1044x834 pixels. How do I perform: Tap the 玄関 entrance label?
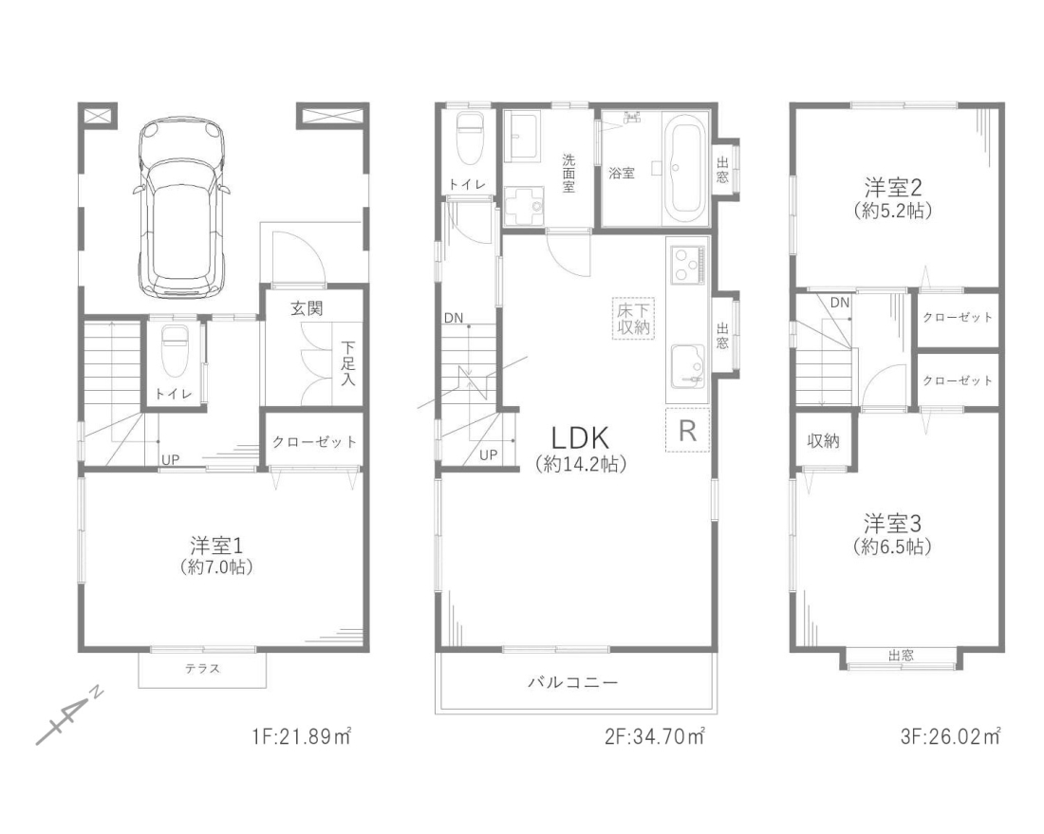(x=307, y=308)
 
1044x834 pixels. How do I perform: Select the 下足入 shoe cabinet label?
(x=348, y=363)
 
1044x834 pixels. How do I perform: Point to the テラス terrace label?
(x=202, y=668)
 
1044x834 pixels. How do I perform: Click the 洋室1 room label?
(x=216, y=546)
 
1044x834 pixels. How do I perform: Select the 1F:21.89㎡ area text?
(x=302, y=737)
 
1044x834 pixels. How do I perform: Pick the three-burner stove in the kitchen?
(x=686, y=265)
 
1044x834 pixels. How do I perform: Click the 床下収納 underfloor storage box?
(x=633, y=318)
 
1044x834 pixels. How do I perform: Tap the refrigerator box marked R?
(x=688, y=430)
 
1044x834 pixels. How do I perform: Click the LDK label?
(x=580, y=438)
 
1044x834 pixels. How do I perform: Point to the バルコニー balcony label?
(x=573, y=682)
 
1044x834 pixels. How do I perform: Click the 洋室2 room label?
(x=892, y=186)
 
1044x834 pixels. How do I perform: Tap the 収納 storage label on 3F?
(x=823, y=440)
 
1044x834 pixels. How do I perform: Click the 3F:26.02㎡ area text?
(x=950, y=737)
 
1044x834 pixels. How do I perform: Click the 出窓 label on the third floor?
(x=901, y=656)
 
